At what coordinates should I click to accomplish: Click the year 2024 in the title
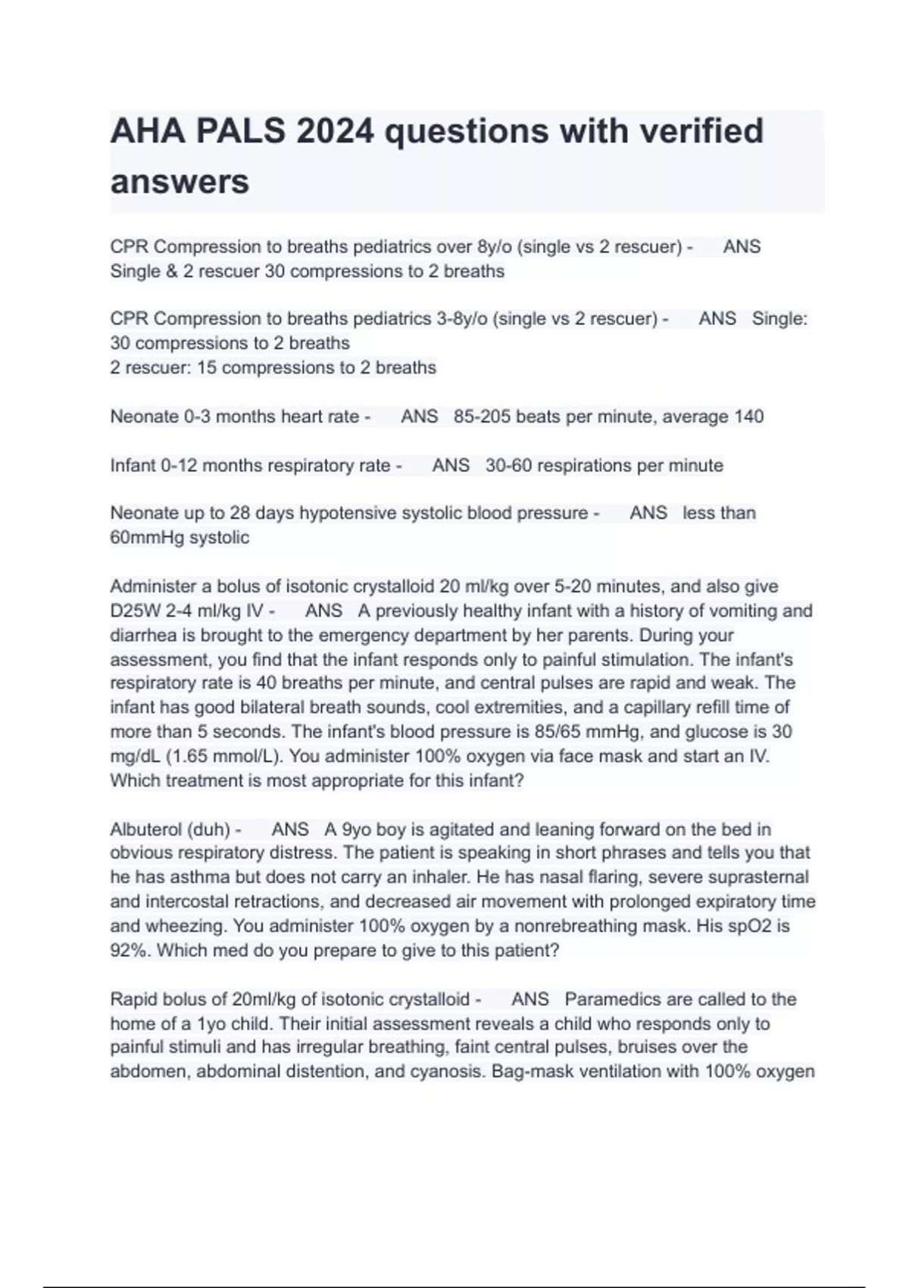(x=335, y=131)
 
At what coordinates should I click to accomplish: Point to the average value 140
(x=748, y=417)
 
